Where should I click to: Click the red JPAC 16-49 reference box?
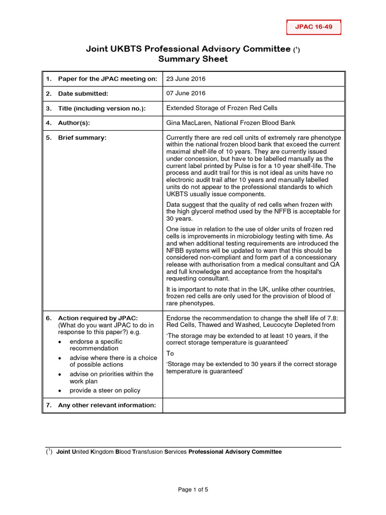tap(314, 27)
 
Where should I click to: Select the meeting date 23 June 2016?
tap(185, 79)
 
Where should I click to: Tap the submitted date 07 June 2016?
tap(185, 93)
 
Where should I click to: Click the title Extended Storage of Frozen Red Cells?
tap(222, 108)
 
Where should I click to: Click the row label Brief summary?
tap(82, 138)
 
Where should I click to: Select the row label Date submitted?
tap(83, 94)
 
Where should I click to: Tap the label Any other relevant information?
tap(107, 405)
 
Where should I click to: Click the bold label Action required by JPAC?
tap(98, 318)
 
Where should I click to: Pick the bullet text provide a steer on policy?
tap(105, 390)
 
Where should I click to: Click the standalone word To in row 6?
tap(170, 354)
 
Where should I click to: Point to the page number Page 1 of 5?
tap(193, 490)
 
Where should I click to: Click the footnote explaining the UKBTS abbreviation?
tap(168, 452)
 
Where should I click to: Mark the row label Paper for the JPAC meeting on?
tap(108, 79)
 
